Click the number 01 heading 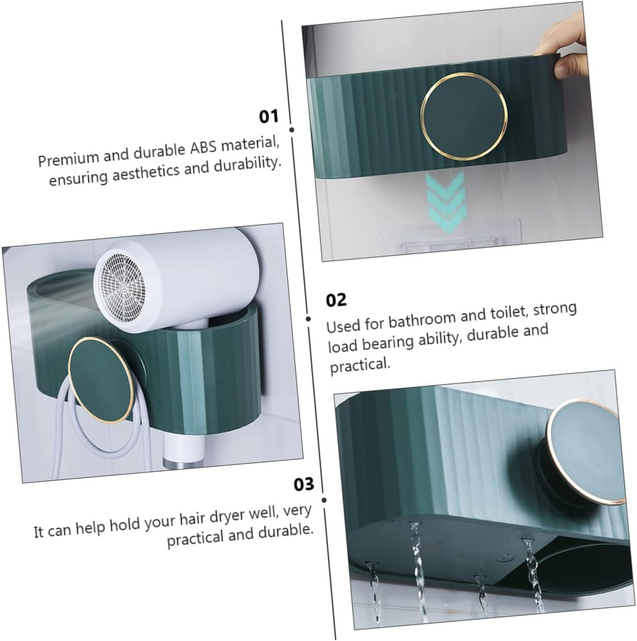269,116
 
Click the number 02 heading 336,300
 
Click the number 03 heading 304,484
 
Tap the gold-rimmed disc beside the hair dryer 99,375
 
